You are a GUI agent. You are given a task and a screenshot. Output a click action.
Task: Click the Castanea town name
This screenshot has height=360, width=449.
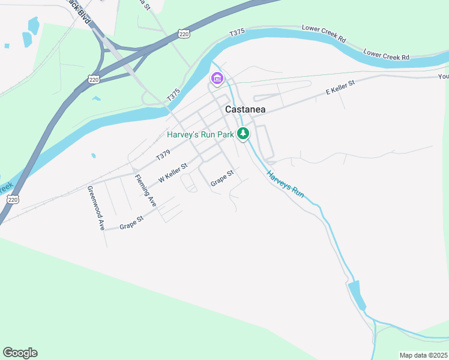(x=245, y=110)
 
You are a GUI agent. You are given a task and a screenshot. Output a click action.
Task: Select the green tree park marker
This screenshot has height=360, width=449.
(x=243, y=134)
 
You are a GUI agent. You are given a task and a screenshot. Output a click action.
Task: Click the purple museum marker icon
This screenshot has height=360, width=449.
(x=216, y=79)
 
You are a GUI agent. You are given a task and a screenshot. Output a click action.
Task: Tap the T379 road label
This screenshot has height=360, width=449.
(x=163, y=156)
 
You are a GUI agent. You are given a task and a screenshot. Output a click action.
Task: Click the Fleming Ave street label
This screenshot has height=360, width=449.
(x=145, y=191)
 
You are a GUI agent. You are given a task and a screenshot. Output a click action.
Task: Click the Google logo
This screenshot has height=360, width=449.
(x=20, y=353)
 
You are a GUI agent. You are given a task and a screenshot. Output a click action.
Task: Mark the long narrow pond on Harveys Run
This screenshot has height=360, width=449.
(x=356, y=294)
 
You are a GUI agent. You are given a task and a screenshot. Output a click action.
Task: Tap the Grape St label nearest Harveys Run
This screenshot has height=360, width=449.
(x=221, y=178)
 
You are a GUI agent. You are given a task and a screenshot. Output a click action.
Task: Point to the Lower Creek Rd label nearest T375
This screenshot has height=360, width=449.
(x=324, y=34)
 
